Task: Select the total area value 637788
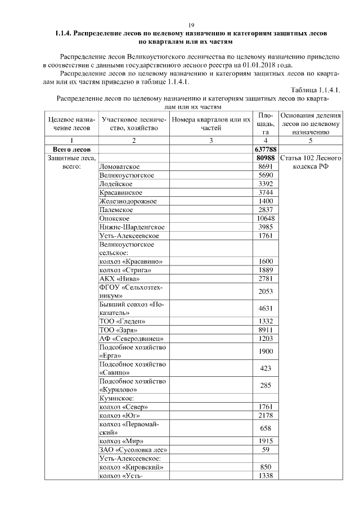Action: [x=264, y=150]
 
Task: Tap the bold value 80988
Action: [x=264, y=159]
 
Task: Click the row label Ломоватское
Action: [x=119, y=167]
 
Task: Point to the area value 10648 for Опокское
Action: [x=264, y=218]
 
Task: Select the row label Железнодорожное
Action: [x=128, y=201]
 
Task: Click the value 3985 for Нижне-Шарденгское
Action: [x=264, y=227]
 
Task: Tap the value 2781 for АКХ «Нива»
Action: [x=264, y=278]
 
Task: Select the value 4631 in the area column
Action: [x=264, y=308]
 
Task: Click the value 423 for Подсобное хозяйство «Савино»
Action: [x=264, y=368]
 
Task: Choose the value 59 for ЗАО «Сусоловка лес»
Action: [x=264, y=449]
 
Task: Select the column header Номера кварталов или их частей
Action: [x=210, y=124]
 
